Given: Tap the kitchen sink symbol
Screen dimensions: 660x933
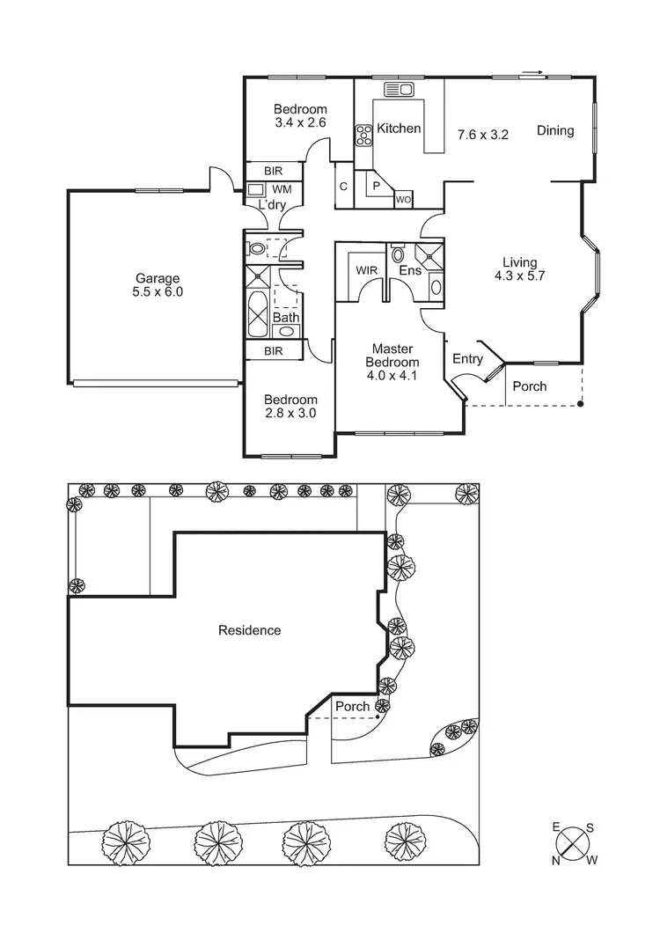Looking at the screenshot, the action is click(x=399, y=89).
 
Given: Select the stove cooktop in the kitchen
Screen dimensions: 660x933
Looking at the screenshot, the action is click(x=363, y=135).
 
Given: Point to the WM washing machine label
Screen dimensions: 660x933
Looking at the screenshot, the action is click(x=282, y=189).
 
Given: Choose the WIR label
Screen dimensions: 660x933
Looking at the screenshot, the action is click(x=367, y=270).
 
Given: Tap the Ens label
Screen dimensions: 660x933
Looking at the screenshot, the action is click(x=409, y=270).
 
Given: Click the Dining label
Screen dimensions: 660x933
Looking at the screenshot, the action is click(x=555, y=130).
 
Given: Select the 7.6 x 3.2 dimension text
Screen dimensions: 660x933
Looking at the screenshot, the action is click(x=483, y=135).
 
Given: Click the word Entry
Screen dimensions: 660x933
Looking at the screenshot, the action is click(x=467, y=358).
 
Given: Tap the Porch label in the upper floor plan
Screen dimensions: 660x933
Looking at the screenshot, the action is click(x=529, y=386).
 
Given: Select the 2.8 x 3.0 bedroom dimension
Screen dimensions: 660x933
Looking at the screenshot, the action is click(x=290, y=412).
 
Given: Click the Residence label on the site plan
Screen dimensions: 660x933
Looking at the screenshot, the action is click(x=249, y=630).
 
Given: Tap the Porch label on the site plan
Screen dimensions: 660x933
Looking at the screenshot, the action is click(x=352, y=707).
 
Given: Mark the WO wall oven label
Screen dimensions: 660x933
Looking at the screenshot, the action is click(x=403, y=199).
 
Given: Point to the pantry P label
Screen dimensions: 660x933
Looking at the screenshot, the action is click(x=376, y=186).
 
